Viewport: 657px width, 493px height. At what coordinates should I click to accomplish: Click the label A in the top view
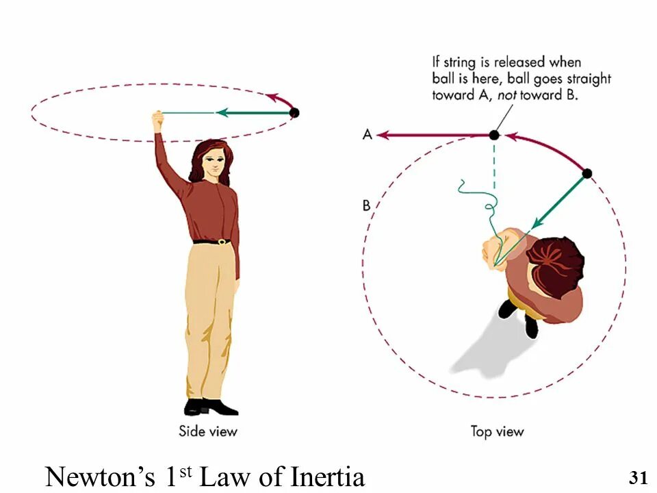pyautogui.click(x=368, y=135)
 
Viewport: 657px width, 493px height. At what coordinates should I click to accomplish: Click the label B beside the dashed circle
pyautogui.click(x=367, y=205)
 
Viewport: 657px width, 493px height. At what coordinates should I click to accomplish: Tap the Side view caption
pyautogui.click(x=208, y=431)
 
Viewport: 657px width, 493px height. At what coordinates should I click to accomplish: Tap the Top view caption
pyautogui.click(x=497, y=431)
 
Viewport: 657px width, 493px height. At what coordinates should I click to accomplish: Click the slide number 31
pyautogui.click(x=637, y=477)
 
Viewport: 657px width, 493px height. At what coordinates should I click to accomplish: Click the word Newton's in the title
pyautogui.click(x=102, y=476)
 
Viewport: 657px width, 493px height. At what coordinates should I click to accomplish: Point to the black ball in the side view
pyautogui.click(x=294, y=113)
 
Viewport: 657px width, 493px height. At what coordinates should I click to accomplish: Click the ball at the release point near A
pyautogui.click(x=494, y=135)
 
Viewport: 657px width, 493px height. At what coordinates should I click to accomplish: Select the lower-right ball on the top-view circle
pyautogui.click(x=587, y=173)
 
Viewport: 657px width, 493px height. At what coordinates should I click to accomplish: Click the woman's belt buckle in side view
pyautogui.click(x=222, y=242)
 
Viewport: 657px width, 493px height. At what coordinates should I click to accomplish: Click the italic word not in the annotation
pyautogui.click(x=506, y=95)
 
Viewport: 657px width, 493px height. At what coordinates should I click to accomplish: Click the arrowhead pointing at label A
pyautogui.click(x=383, y=135)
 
